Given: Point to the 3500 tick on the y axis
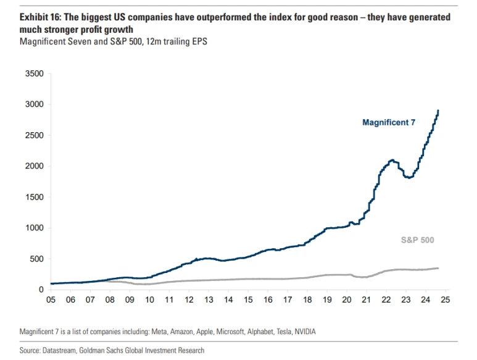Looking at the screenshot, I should click(x=34, y=74).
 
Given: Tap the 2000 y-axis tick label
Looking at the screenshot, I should click(x=34, y=166).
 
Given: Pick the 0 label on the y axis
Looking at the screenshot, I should click(x=41, y=290).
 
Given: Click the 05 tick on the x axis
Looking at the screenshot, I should click(x=51, y=300).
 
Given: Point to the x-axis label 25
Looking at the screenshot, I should click(x=445, y=300).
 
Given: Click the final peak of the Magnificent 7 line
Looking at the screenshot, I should click(x=438, y=111).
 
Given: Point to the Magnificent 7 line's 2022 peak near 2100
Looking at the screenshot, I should click(x=392, y=160).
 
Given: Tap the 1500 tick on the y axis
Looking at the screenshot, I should click(x=34, y=197).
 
